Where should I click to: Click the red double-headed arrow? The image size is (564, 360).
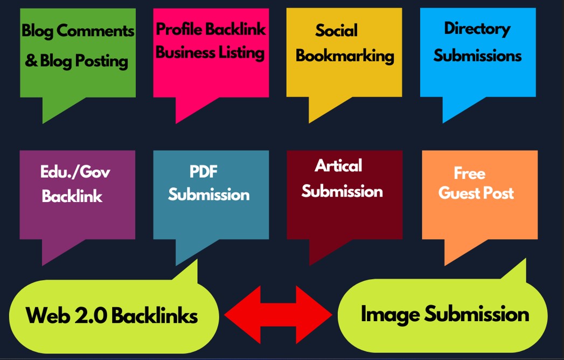[x=278, y=314]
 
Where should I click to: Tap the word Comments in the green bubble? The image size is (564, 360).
[x=95, y=31]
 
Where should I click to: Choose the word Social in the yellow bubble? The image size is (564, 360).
[x=337, y=30]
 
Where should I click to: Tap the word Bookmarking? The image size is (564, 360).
[x=345, y=56]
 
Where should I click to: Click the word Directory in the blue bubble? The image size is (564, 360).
[x=477, y=29]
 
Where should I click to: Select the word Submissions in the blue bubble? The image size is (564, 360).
[x=477, y=56]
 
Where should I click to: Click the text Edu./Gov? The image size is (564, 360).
[x=75, y=172]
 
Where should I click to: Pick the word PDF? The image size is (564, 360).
[x=203, y=172]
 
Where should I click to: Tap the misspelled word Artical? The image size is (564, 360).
[x=338, y=165]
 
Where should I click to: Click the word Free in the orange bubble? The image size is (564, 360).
[x=469, y=174]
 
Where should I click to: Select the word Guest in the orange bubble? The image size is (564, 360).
[x=458, y=193]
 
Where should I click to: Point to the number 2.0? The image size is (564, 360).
[x=85, y=315]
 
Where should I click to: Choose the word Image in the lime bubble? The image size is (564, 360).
[x=389, y=314]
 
